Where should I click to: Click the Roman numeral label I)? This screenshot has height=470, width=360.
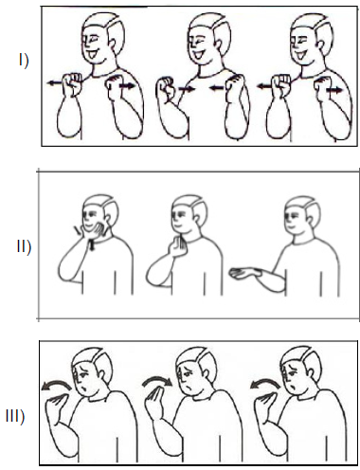(24, 61)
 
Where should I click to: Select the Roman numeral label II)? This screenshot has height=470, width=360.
(24, 246)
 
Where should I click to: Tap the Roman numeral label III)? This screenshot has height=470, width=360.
(15, 417)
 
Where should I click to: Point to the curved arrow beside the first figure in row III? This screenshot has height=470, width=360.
(56, 385)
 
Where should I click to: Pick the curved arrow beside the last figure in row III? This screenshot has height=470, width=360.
(264, 385)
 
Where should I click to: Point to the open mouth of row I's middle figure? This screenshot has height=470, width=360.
(199, 55)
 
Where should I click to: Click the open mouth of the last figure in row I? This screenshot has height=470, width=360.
(300, 56)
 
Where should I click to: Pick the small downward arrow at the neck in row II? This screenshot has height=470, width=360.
(92, 245)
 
